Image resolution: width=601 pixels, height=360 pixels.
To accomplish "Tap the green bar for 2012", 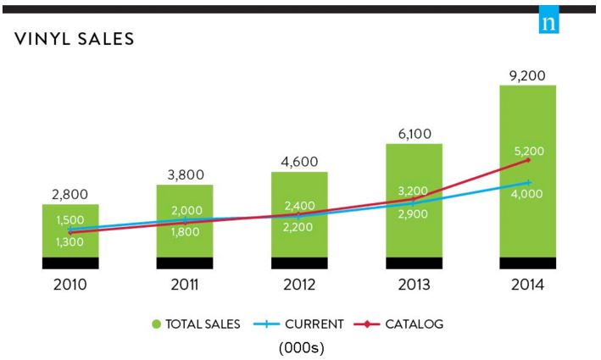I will click(x=299, y=237).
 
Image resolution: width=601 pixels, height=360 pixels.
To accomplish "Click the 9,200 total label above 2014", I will click(x=527, y=75).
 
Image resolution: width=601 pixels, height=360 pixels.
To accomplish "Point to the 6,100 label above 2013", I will click(x=414, y=134).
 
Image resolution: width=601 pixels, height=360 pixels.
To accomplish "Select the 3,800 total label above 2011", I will click(x=185, y=176).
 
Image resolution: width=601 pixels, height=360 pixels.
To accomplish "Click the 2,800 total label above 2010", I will click(x=70, y=196).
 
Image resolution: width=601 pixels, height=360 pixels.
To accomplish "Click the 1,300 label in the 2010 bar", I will click(x=70, y=243).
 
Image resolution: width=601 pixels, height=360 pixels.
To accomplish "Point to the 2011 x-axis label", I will click(x=185, y=285).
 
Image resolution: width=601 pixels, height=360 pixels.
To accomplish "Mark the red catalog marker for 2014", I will click(x=528, y=160).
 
